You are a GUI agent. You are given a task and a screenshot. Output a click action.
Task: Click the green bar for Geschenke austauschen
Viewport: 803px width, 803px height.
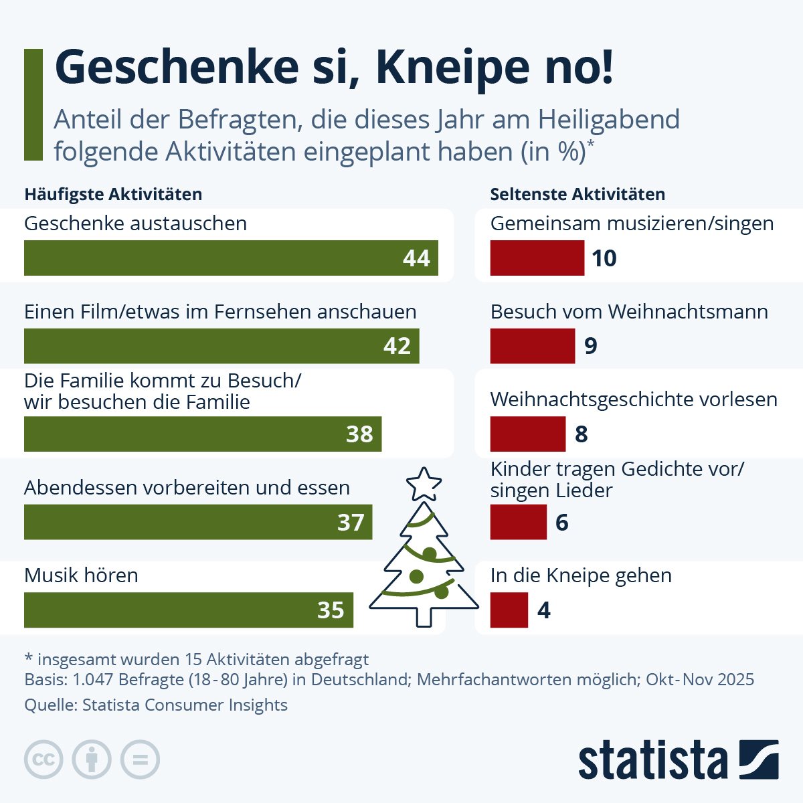pyautogui.click(x=214, y=258)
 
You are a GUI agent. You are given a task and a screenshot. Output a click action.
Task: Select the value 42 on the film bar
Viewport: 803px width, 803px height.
pyautogui.click(x=397, y=346)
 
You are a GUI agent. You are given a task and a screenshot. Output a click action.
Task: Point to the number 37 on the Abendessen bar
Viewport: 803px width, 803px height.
pyautogui.click(x=351, y=522)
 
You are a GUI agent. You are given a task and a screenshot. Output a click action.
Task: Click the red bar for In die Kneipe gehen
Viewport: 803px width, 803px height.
pyautogui.click(x=509, y=610)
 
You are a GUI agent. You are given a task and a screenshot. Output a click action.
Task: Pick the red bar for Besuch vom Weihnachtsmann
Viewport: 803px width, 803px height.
pyautogui.click(x=532, y=346)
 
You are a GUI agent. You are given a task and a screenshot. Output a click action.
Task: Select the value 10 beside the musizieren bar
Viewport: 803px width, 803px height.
pyautogui.click(x=604, y=258)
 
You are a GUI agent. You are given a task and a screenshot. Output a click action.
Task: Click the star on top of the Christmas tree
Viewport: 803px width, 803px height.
pyautogui.click(x=424, y=484)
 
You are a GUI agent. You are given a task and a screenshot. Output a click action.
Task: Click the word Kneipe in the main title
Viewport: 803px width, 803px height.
pyautogui.click(x=439, y=67)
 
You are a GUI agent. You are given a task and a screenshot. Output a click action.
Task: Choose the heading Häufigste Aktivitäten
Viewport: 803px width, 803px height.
pyautogui.click(x=113, y=194)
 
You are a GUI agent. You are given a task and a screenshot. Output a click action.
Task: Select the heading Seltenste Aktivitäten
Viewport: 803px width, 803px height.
pyautogui.click(x=577, y=194)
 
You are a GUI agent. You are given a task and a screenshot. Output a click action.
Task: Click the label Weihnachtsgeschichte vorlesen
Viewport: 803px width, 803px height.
pyautogui.click(x=633, y=399)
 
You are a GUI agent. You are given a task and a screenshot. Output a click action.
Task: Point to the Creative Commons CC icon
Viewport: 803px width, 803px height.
pyautogui.click(x=43, y=760)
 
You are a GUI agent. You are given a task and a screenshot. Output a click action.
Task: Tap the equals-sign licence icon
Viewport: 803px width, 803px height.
pyautogui.click(x=140, y=760)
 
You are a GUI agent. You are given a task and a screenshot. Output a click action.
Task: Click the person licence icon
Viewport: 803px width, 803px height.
pyautogui.click(x=92, y=760)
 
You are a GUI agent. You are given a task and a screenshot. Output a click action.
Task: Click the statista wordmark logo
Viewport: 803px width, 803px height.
pyautogui.click(x=678, y=760)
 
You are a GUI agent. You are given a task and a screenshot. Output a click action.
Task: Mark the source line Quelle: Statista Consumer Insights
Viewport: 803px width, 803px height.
pyautogui.click(x=156, y=705)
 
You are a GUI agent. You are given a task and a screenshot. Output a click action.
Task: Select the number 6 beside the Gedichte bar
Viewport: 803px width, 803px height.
pyautogui.click(x=562, y=522)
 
